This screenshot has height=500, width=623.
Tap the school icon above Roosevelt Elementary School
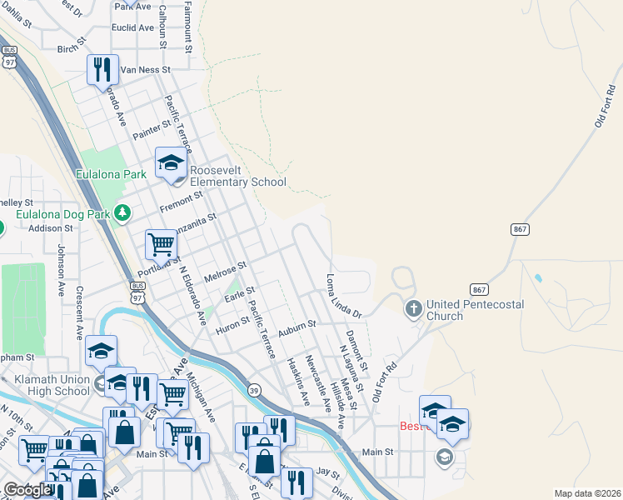171,162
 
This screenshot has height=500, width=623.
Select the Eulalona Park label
111,174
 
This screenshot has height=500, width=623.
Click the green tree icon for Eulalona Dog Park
123,214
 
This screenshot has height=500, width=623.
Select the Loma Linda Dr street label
344,296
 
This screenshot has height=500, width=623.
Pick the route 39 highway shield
253,389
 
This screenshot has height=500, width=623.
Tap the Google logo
27,490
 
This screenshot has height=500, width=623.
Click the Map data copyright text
587,493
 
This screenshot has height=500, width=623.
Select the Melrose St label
226,272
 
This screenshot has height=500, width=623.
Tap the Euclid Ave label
133,27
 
